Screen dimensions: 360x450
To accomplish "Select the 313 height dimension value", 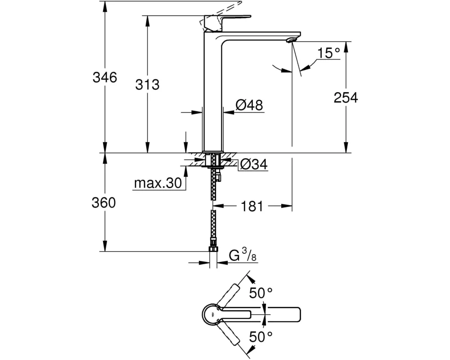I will [x=147, y=84].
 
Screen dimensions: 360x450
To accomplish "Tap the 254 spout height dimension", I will [x=346, y=97].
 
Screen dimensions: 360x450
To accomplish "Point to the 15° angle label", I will [x=328, y=54].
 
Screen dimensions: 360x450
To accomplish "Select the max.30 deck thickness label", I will [x=157, y=183].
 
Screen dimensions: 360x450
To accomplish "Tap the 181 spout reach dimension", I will [x=252, y=207].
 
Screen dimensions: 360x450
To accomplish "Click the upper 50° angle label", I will [x=261, y=293].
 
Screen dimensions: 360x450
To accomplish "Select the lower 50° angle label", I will [x=261, y=336].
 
